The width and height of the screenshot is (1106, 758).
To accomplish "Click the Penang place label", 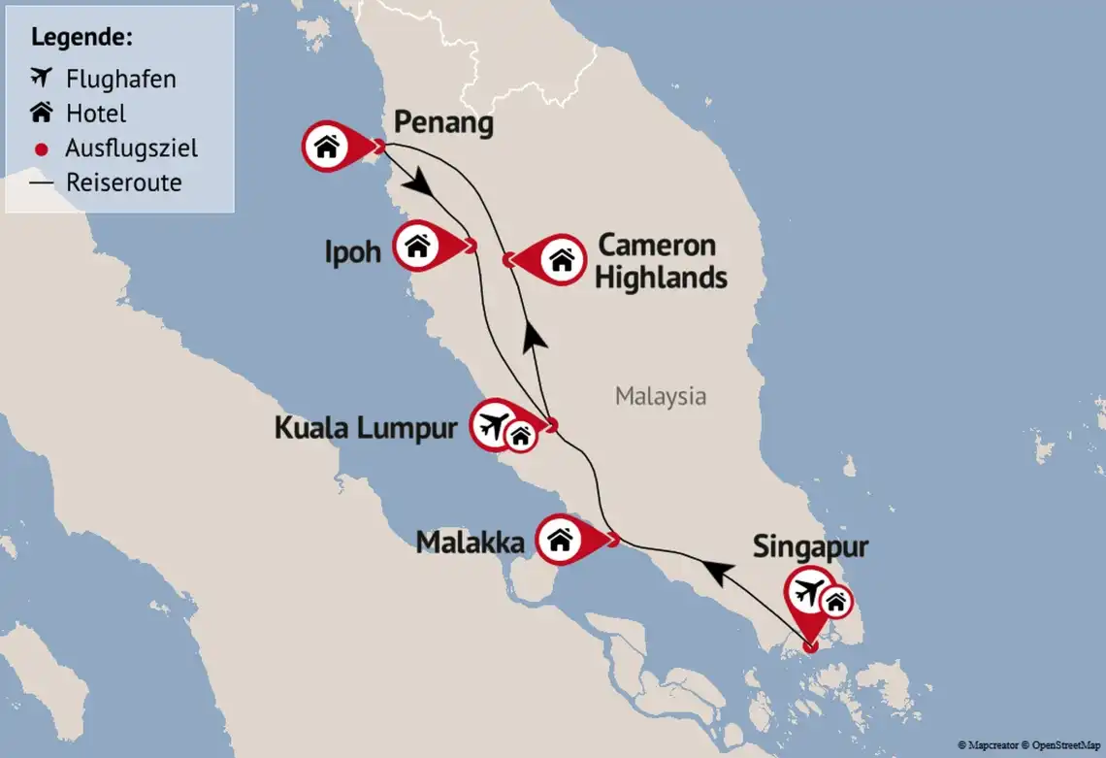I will [x=443, y=123].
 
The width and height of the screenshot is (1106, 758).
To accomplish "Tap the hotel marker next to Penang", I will [x=328, y=147].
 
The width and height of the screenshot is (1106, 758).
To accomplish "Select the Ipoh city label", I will [x=352, y=252].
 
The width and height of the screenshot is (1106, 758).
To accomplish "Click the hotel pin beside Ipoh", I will [x=418, y=247].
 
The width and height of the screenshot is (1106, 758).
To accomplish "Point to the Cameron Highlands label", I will [x=660, y=261].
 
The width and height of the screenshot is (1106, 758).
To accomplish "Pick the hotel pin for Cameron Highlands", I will [x=561, y=259].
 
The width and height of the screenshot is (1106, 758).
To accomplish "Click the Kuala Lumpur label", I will [x=365, y=428].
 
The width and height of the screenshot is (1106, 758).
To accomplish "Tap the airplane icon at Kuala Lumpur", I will [x=496, y=425].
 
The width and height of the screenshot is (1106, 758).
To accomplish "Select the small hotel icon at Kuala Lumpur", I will [x=522, y=437].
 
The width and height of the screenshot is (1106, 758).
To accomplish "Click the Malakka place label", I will [x=470, y=543].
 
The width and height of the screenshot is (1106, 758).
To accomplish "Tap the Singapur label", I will [x=810, y=547].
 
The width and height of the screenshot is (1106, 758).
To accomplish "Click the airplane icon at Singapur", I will [x=808, y=591].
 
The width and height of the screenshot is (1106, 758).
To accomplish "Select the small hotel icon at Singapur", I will [x=835, y=603].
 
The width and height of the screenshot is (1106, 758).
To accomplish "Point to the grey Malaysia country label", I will [x=660, y=396].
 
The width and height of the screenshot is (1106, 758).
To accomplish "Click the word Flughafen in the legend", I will [x=120, y=79].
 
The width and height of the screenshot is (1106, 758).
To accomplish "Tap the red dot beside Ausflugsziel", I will [x=41, y=148].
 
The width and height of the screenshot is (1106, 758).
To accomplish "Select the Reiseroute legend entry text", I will [x=123, y=182].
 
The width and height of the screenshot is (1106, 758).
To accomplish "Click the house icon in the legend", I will [x=41, y=114].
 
